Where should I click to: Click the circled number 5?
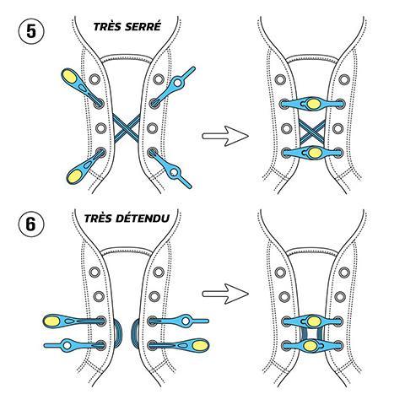(31, 31)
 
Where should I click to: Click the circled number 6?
(31, 224)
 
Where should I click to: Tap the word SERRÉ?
(143, 26)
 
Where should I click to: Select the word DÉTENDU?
(147, 219)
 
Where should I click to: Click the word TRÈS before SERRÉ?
(107, 27)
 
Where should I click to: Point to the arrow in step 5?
(225, 136)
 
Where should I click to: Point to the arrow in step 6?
(225, 294)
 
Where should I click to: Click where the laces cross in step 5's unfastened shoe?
(127, 128)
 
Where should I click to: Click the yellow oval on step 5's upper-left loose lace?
(69, 76)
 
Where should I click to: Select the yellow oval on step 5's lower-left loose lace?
(74, 176)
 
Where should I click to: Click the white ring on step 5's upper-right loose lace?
(177, 83)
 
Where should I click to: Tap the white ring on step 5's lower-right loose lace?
(175, 172)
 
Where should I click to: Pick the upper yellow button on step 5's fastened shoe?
(312, 103)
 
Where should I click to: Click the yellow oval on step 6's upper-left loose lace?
(52, 321)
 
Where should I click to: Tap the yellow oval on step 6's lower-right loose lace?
(200, 345)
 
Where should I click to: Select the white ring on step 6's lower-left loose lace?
(67, 345)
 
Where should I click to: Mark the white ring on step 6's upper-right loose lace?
(186, 321)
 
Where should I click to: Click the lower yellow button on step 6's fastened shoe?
(310, 346)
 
